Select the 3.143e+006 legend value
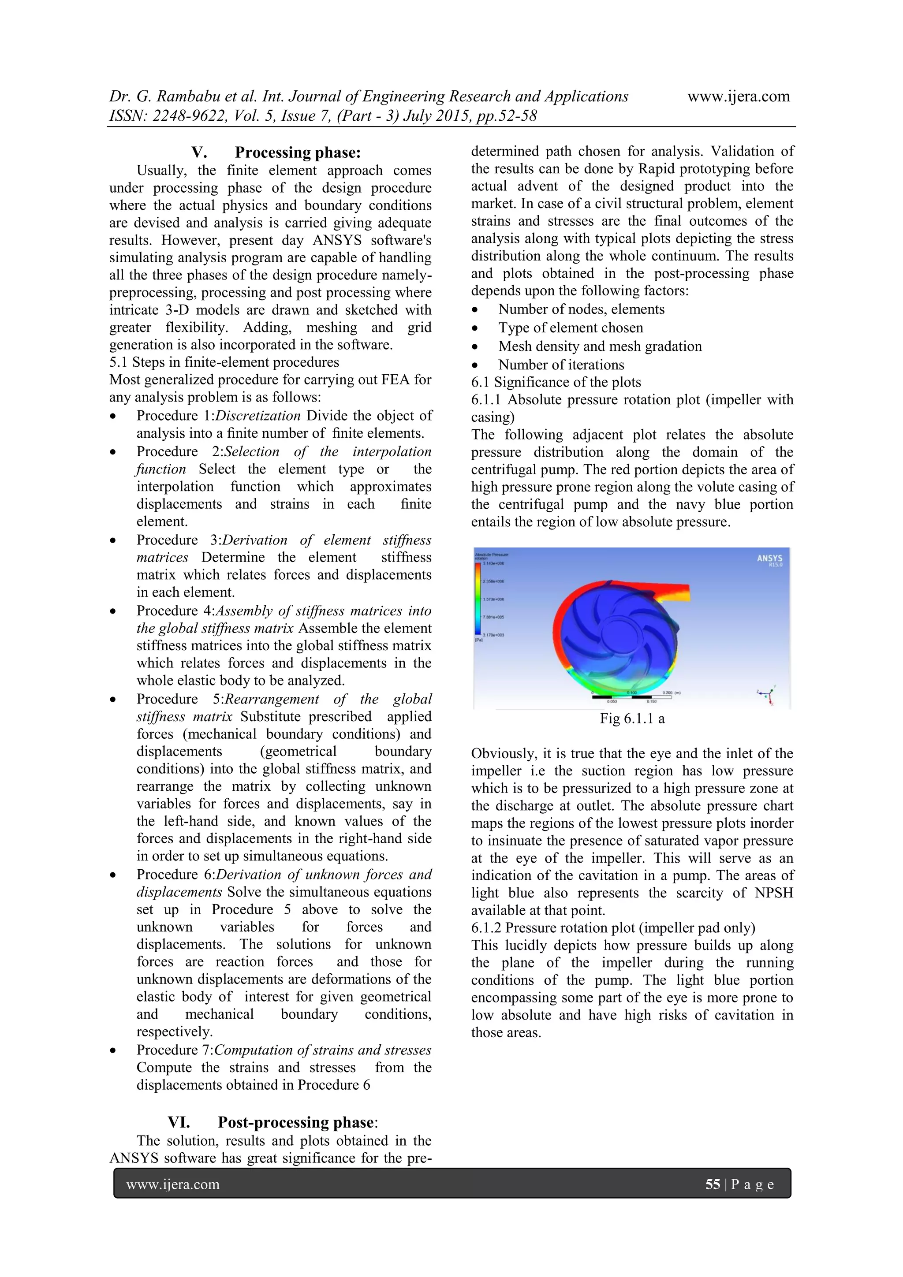[493, 563]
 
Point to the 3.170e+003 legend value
[493, 635]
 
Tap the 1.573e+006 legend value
[493, 599]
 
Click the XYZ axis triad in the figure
[768, 695]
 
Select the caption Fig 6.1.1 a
[632, 719]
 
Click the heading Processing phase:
[298, 153]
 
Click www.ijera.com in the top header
[738, 96]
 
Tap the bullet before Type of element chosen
[474, 328]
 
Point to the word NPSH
[774, 893]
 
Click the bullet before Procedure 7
[113, 1050]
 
